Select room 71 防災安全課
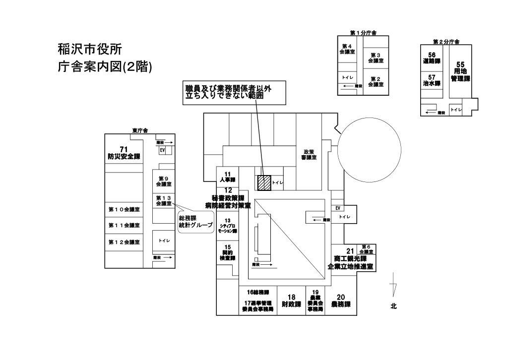[x=124, y=153]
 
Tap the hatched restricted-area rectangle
[x=263, y=182]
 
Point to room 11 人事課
[x=228, y=177]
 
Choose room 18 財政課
[x=291, y=301]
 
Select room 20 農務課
[x=341, y=301]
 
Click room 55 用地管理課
[x=460, y=72]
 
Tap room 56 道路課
[x=432, y=58]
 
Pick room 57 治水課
[x=432, y=81]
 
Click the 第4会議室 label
[x=347, y=49]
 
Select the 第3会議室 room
[x=376, y=58]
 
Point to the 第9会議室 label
[x=164, y=181]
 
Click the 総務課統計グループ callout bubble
[x=195, y=221]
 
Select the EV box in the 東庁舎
[x=162, y=150]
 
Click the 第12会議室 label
[x=124, y=242]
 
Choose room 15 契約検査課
[x=228, y=252]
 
